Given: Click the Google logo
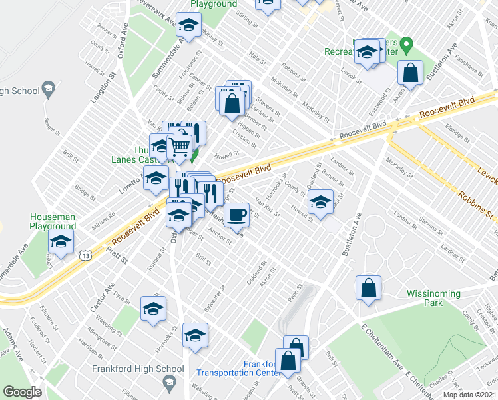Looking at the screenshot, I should [22, 391].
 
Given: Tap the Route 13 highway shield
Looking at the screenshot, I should [85, 255].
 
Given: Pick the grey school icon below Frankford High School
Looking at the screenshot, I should [168, 383].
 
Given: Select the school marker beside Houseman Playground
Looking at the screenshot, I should [60, 244].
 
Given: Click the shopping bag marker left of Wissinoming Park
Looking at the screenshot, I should [368, 289].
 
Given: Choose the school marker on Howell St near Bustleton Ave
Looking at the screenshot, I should [320, 202].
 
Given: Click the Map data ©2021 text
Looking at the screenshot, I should [469, 395].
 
